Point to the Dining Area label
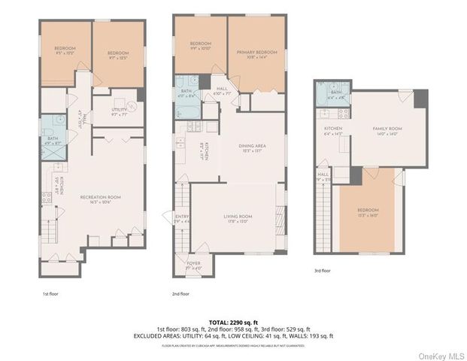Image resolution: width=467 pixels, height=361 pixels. coord(253,149)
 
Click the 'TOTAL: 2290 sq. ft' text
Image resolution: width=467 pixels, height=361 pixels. coord(232,321)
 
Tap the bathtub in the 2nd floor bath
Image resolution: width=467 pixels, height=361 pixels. coord(185,109)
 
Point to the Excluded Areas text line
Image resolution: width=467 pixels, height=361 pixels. coord(233,335)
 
